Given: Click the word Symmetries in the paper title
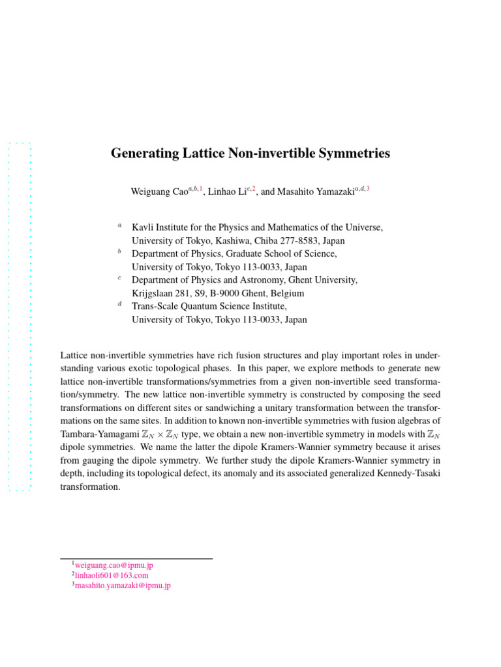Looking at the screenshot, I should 353,154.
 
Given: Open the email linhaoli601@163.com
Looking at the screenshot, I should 112,576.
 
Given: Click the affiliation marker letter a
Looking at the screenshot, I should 119,225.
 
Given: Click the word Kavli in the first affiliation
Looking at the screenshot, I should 143,227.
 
